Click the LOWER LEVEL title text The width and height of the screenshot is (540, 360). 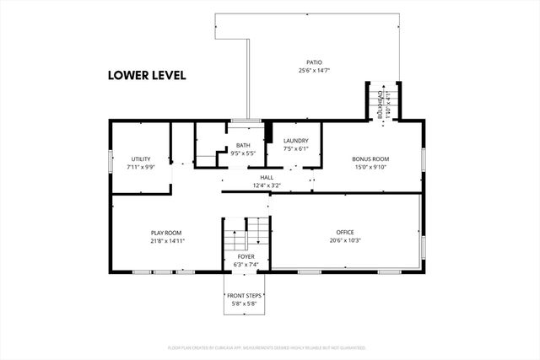point(146,74)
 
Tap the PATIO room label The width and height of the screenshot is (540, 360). point(314,62)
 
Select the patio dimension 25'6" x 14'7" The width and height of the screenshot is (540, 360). point(314,71)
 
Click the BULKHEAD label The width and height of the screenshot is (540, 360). point(380,102)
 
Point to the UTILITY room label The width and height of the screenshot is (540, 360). point(140,159)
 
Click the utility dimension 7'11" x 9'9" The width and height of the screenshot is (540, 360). point(140,167)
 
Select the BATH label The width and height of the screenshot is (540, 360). point(243,145)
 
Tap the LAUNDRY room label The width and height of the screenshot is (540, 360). point(295,141)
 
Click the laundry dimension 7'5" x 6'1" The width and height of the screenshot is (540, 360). point(295,149)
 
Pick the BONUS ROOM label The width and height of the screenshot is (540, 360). point(370,159)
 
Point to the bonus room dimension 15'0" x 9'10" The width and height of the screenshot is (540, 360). point(370,167)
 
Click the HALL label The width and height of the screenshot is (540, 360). point(267,177)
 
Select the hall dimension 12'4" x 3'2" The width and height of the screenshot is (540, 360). point(267,185)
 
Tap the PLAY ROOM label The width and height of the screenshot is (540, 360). point(166,233)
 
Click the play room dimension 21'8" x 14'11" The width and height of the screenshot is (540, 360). point(166,241)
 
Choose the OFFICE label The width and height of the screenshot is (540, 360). point(345,232)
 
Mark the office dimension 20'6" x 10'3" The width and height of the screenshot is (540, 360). point(345,240)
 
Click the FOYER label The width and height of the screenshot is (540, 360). point(246,255)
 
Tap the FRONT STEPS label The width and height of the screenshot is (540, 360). point(246,295)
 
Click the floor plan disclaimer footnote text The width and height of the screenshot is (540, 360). point(269,347)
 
